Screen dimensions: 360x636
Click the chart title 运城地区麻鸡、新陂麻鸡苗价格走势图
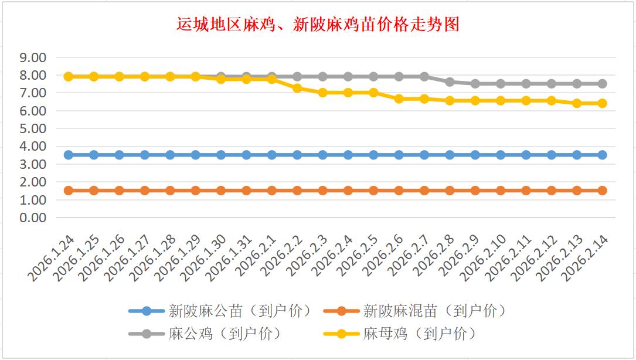point(318,25)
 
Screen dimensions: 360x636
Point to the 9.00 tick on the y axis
point(33,58)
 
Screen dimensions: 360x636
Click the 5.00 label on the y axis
point(33,128)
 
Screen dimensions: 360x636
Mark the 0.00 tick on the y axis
point(33,218)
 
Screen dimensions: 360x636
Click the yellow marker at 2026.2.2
point(297,88)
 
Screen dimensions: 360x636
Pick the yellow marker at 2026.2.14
point(602,103)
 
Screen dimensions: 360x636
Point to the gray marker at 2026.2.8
point(450,82)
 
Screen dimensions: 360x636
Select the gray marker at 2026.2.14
point(602,84)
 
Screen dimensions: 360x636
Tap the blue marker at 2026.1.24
point(69,155)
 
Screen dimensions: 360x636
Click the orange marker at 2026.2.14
point(602,191)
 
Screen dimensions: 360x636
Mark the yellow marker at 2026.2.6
point(399,99)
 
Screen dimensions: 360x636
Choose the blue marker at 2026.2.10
point(501,155)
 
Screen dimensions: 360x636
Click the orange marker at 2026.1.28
point(170,191)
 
